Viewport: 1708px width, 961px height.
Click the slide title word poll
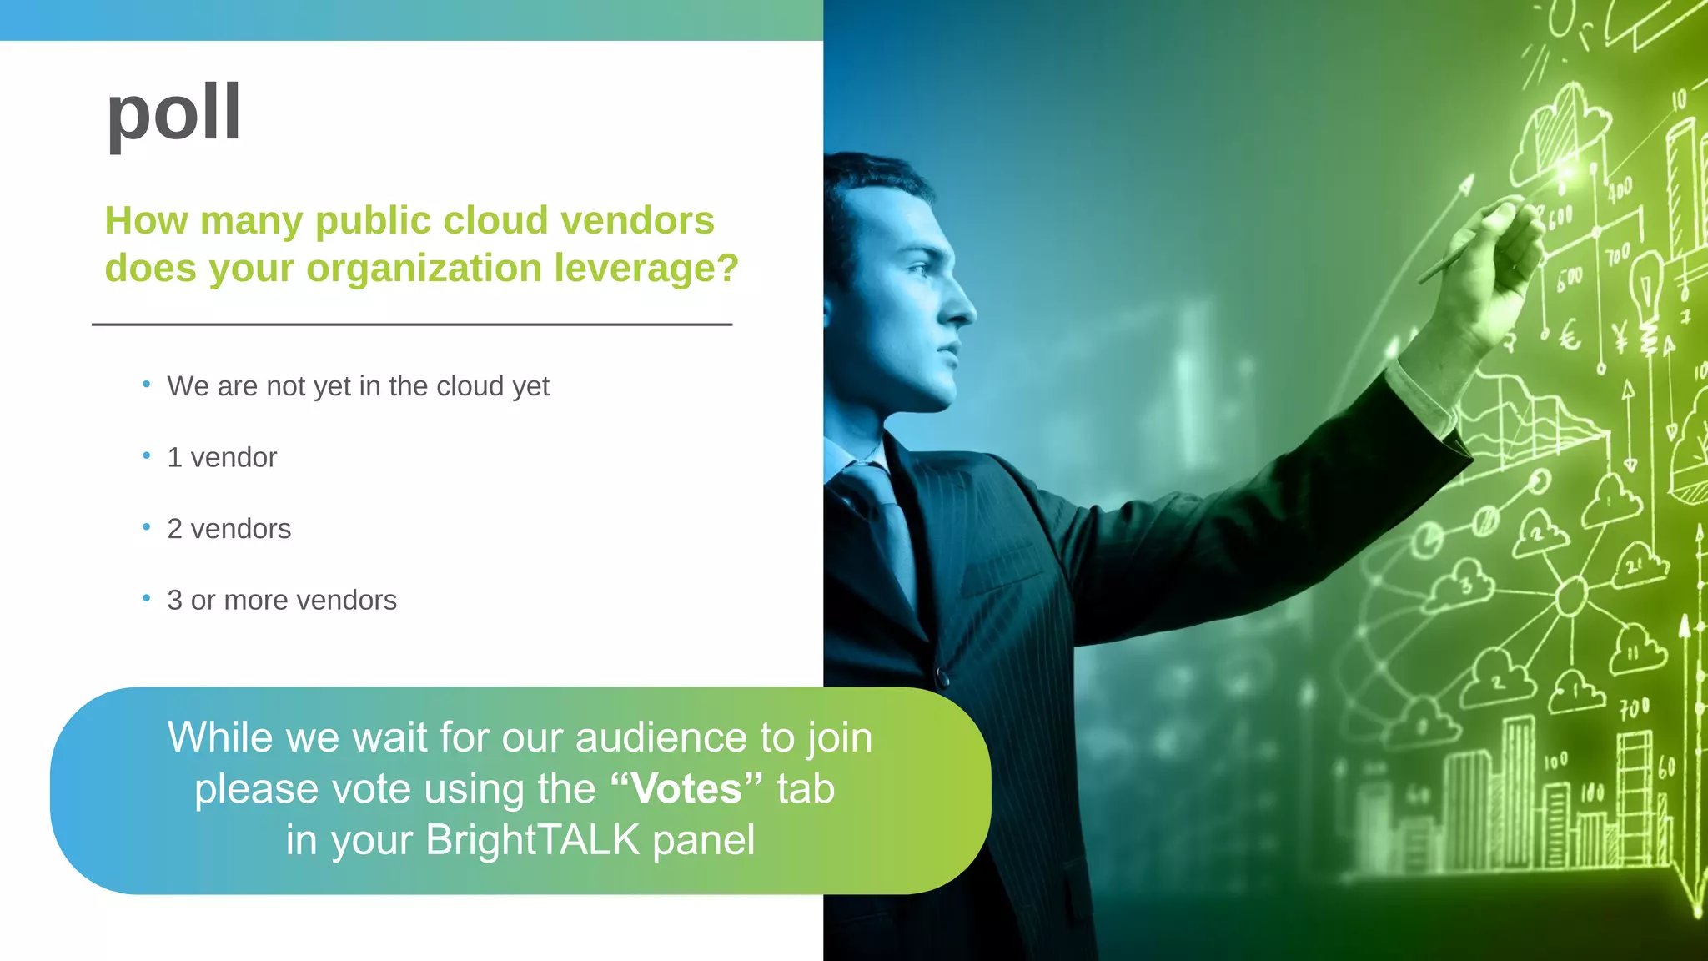[173, 113]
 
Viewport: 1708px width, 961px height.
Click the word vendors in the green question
[637, 221]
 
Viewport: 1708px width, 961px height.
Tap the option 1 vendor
[222, 457]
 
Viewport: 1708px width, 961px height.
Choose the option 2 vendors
[229, 529]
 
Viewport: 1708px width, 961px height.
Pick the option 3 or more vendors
[282, 601]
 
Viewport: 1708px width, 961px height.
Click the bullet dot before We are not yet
[147, 385]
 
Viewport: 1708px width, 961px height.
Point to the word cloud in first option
[470, 386]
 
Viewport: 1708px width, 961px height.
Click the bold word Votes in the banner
[686, 789]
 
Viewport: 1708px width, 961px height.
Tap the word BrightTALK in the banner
[532, 840]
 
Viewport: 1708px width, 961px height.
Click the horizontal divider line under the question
[412, 325]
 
